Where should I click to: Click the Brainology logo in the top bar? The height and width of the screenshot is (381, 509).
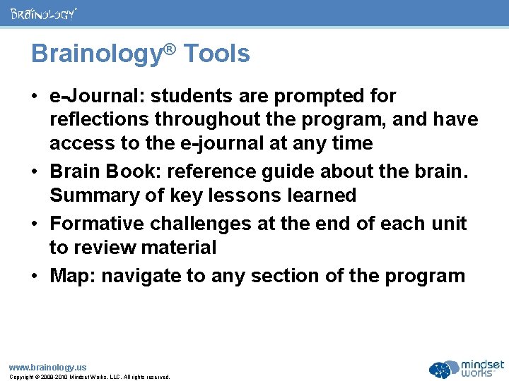click(x=43, y=13)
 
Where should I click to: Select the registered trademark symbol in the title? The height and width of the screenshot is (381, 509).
click(x=170, y=48)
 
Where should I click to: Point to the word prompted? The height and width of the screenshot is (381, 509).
click(x=300, y=95)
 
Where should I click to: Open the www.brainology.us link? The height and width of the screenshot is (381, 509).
click(x=47, y=367)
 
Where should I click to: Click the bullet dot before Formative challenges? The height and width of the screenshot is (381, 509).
click(x=35, y=224)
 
